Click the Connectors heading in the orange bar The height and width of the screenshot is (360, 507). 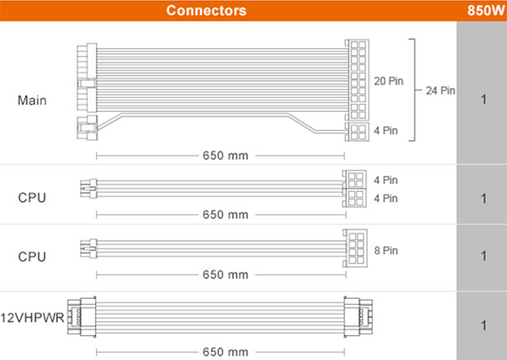coord(206,11)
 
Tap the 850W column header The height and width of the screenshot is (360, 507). coord(486,11)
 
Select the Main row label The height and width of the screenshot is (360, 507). coord(32,100)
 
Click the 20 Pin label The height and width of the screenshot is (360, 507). coord(389,81)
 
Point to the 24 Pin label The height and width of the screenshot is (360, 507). coord(440,91)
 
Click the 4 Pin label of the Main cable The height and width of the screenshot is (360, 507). coord(386,131)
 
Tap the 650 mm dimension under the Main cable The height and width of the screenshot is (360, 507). coord(225,156)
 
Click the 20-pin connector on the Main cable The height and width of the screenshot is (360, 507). coord(357,80)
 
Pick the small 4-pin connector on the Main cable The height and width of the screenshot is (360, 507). coord(357,132)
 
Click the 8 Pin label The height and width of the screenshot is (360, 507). coord(386,251)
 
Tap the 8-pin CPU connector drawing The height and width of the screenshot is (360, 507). coord(355,248)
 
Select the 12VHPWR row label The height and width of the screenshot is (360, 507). coord(32,317)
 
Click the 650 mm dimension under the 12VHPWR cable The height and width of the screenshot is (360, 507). coord(225,352)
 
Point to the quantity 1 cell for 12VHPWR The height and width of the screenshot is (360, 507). coord(483,325)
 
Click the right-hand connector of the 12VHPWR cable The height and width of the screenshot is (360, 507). coord(358,317)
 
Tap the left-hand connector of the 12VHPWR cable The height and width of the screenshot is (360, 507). coord(82,317)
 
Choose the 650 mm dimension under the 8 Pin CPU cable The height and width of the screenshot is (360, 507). coord(225,275)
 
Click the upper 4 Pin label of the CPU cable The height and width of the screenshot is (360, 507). coord(386,180)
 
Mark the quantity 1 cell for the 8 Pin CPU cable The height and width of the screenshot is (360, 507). coord(483,256)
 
